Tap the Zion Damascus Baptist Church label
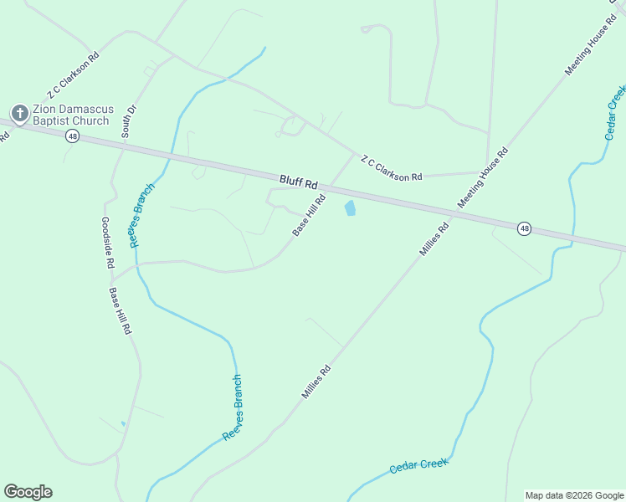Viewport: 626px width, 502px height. coord(70,115)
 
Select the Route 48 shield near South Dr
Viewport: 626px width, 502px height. coord(73,136)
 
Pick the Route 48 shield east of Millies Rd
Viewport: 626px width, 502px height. coord(524,228)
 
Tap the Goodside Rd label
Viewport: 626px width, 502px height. coord(107,243)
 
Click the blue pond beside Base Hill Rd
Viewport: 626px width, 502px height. coord(350,207)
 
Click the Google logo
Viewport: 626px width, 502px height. coord(28,492)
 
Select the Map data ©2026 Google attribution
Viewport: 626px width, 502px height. coord(574,495)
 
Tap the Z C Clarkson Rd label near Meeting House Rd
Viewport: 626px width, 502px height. coord(391,167)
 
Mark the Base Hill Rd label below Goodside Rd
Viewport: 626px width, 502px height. coord(120,311)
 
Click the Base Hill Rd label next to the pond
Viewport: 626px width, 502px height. coord(307,215)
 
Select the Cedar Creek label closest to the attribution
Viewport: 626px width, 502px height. coord(418,466)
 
